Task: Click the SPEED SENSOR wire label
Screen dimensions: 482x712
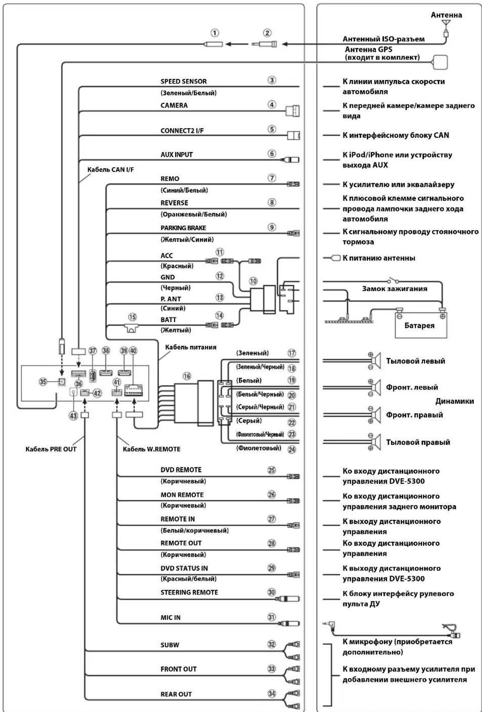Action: (x=183, y=81)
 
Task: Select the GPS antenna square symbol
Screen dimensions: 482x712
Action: (x=440, y=62)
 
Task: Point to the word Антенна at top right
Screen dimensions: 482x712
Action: (x=446, y=15)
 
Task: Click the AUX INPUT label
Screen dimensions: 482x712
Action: (x=176, y=155)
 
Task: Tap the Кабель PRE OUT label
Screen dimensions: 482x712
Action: (x=51, y=449)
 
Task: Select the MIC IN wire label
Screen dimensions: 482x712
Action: (x=170, y=618)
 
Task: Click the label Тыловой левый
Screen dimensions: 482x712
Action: (x=415, y=361)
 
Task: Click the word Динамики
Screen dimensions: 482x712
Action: (x=455, y=401)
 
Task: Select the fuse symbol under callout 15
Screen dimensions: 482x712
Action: (x=132, y=328)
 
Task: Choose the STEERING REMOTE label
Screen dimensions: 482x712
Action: (x=189, y=592)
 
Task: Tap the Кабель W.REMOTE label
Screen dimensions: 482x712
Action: (x=152, y=449)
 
